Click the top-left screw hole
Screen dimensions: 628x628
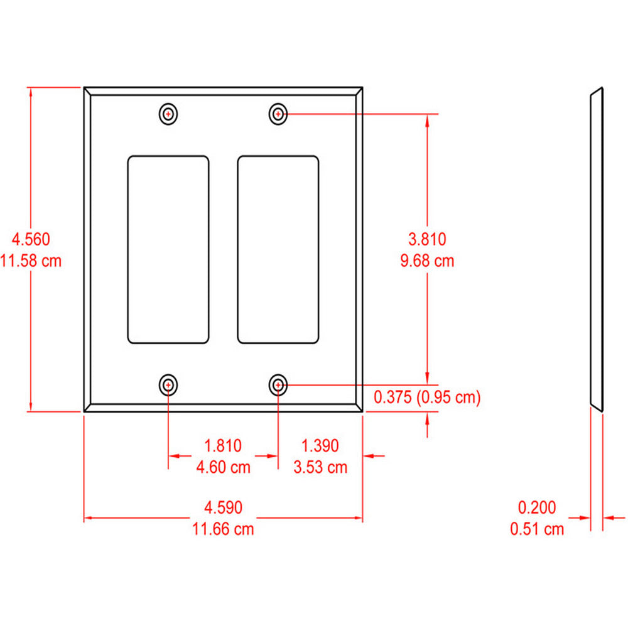(x=168, y=114)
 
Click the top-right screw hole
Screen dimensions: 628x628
(x=279, y=114)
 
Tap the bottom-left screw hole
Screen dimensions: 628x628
(x=168, y=384)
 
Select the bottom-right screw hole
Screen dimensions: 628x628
(x=279, y=384)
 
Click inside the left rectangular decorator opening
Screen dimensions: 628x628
(x=168, y=250)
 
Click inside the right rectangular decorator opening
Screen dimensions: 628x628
(x=278, y=250)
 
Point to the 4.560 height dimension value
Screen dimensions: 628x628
(x=31, y=239)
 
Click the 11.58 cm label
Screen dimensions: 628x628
(x=31, y=260)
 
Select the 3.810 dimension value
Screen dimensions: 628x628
(x=427, y=239)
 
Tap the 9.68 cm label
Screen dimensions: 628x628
(x=427, y=260)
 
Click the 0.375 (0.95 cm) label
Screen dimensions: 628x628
(x=427, y=397)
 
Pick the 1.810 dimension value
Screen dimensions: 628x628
(x=223, y=446)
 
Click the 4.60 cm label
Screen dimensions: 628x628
(x=223, y=467)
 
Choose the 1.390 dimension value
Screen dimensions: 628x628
(x=320, y=446)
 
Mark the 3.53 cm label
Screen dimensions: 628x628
(x=320, y=467)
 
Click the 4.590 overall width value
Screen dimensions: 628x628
(x=223, y=507)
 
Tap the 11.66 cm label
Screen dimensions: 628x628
(x=223, y=529)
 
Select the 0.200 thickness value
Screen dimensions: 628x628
(x=537, y=507)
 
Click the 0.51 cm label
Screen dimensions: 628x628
(x=537, y=529)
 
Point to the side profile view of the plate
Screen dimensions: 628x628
(x=597, y=250)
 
